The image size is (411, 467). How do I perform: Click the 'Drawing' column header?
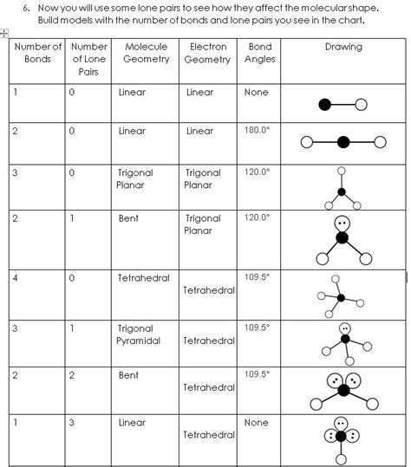(x=342, y=47)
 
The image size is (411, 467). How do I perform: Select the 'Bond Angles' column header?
(x=259, y=53)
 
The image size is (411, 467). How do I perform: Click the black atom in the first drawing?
(x=325, y=105)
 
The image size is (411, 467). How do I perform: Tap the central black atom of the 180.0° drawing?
(x=343, y=142)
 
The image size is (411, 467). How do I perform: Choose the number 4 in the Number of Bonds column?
(x=16, y=279)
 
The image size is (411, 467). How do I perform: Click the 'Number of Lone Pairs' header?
(x=88, y=59)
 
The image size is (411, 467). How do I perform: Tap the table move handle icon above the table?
(x=4, y=33)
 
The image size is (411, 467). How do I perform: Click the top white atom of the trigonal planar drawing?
(x=342, y=172)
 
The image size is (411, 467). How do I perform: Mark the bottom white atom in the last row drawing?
(x=342, y=458)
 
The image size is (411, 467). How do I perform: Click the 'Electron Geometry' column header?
(x=207, y=53)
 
